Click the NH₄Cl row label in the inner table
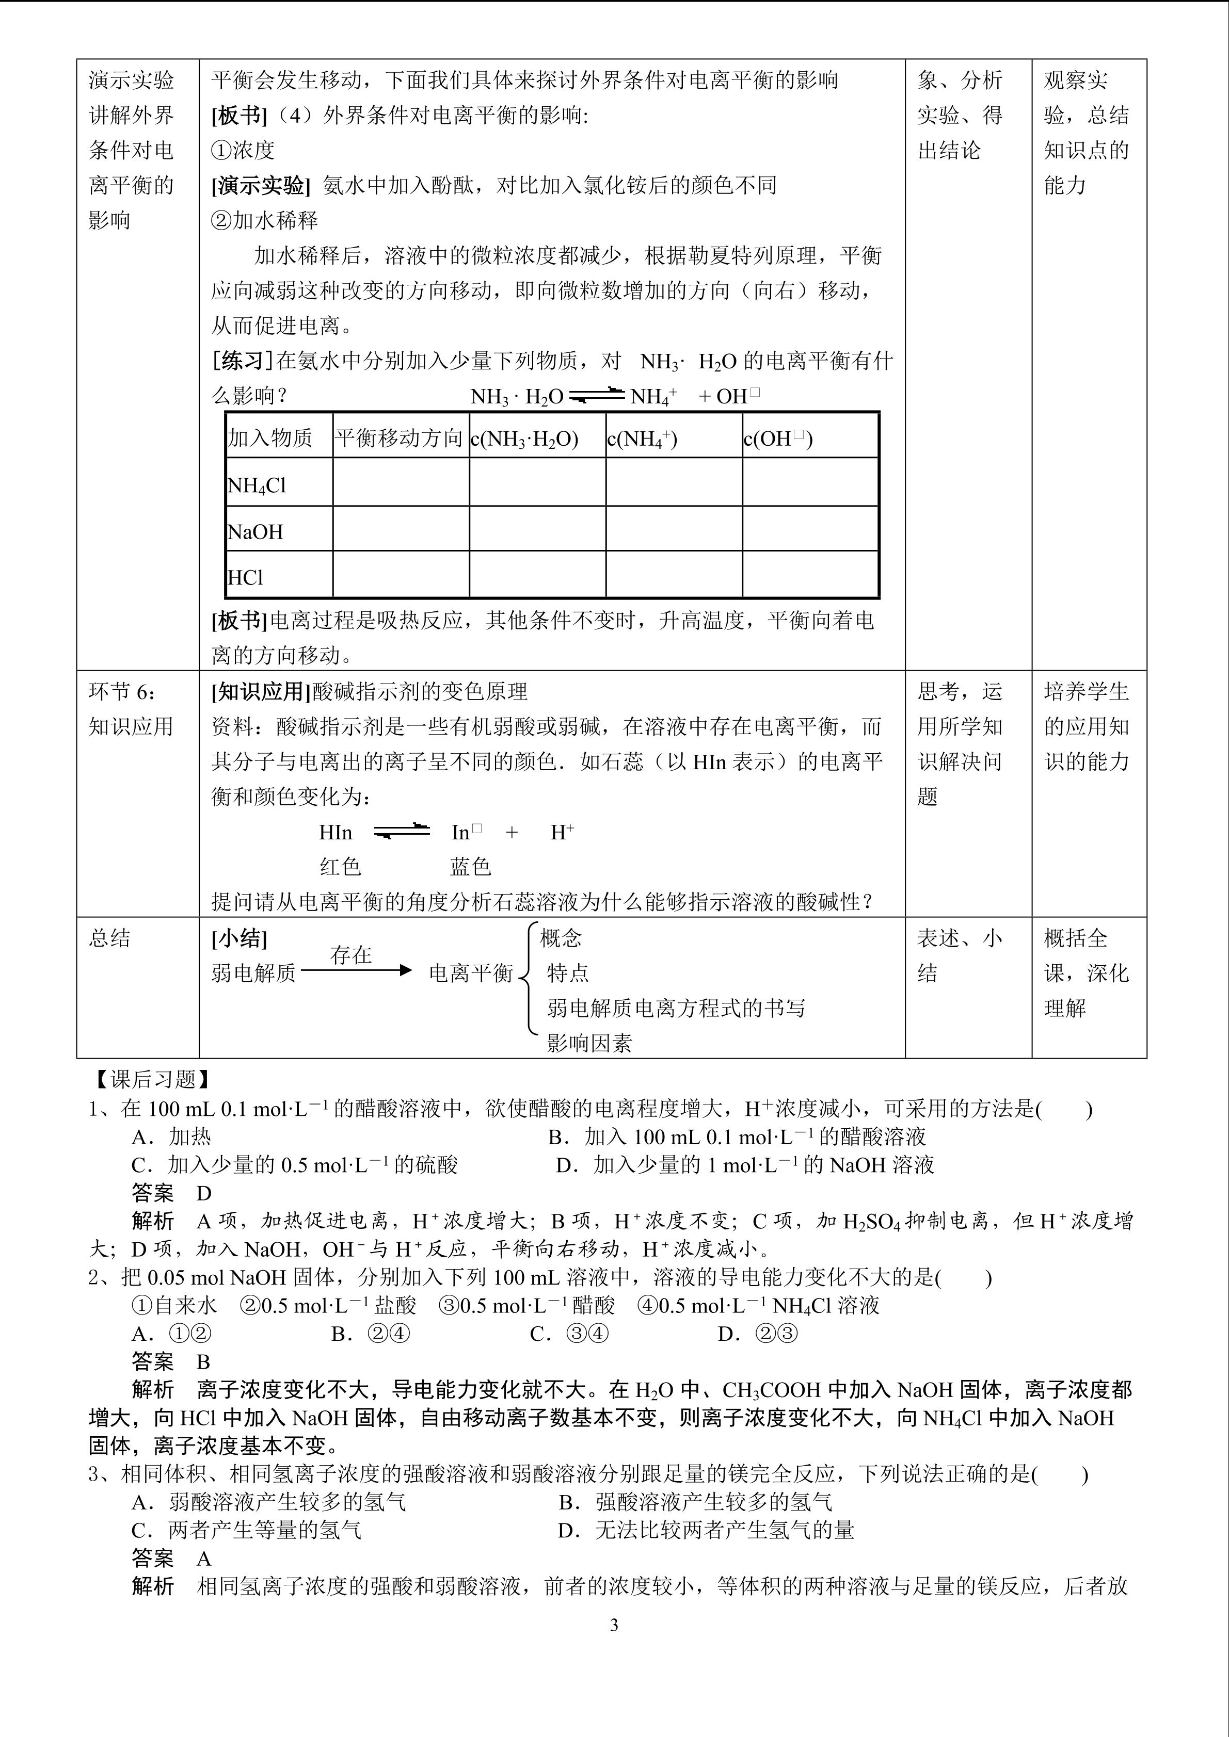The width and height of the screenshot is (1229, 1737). (x=257, y=485)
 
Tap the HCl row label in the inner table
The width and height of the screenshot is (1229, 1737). (x=245, y=577)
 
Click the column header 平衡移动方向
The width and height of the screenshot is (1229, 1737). (x=399, y=438)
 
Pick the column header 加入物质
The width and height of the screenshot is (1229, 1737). (x=269, y=438)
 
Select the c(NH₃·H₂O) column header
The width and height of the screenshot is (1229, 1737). (x=524, y=439)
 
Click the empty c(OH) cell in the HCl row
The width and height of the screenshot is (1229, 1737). (x=810, y=574)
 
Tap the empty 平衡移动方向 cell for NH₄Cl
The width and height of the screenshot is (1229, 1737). (x=401, y=482)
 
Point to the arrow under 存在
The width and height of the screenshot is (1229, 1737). (x=356, y=970)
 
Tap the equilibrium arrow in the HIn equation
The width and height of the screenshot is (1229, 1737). (x=402, y=832)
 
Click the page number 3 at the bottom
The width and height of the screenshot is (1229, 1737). (x=614, y=1625)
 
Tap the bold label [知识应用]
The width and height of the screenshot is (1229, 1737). (x=261, y=691)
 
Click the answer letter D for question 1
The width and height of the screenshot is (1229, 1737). (x=203, y=1193)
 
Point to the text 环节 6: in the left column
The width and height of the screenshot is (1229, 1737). (x=123, y=691)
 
